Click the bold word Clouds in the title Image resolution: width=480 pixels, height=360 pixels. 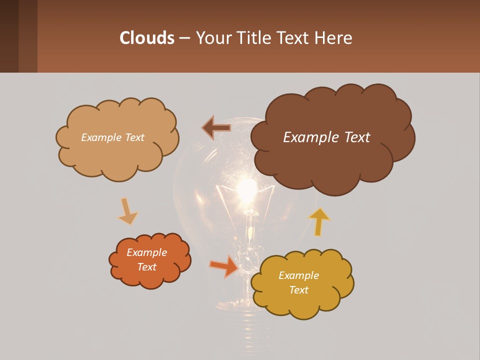[x=147, y=38]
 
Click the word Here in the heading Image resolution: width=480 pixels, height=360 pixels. [x=334, y=38]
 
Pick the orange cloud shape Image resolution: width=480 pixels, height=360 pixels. [x=149, y=277]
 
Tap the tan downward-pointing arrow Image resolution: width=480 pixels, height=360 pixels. [x=127, y=211]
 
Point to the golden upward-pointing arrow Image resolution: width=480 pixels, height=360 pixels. [x=319, y=221]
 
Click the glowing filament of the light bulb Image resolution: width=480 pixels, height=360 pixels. [x=246, y=189]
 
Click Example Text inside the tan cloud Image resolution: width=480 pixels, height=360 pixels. [x=112, y=137]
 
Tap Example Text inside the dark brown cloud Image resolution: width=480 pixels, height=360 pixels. [x=326, y=137]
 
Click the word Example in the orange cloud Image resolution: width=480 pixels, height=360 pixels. [x=146, y=252]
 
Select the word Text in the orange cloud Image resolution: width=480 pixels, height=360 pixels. [x=146, y=267]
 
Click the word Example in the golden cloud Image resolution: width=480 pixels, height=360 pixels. [x=298, y=275]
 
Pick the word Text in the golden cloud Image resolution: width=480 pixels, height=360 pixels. [x=298, y=290]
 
